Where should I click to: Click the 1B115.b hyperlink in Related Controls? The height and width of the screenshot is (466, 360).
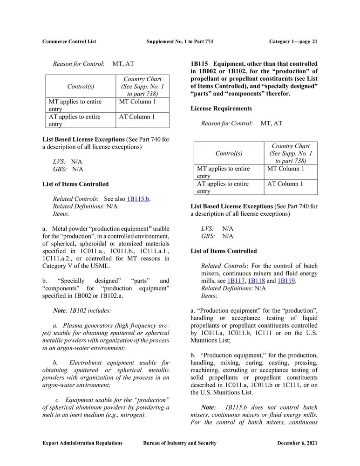[x=138, y=199]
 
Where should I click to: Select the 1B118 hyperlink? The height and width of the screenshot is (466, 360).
[x=257, y=281]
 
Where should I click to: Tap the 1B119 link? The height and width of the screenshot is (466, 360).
[x=286, y=281]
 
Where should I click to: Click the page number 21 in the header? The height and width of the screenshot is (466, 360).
[x=315, y=41]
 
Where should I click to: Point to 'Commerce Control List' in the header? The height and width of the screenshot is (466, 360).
[x=69, y=41]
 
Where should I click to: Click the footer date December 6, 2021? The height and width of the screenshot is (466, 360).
[x=297, y=443]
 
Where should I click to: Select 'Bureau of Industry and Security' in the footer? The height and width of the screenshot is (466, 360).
[x=180, y=443]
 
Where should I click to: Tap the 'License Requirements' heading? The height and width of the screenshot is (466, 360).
[x=221, y=109]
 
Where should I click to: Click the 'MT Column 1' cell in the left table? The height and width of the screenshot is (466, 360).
[x=137, y=102]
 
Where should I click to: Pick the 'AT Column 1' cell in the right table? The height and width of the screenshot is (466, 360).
[x=285, y=184]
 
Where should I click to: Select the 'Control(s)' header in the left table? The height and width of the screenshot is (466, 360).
[x=81, y=87]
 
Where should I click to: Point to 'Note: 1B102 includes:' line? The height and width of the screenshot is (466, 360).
[x=82, y=310]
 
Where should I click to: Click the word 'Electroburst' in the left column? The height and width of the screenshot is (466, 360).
[x=89, y=363]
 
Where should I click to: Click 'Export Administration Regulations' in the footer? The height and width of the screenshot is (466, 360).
[x=82, y=443]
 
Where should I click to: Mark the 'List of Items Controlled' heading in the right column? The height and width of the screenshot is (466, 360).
[x=224, y=251]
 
